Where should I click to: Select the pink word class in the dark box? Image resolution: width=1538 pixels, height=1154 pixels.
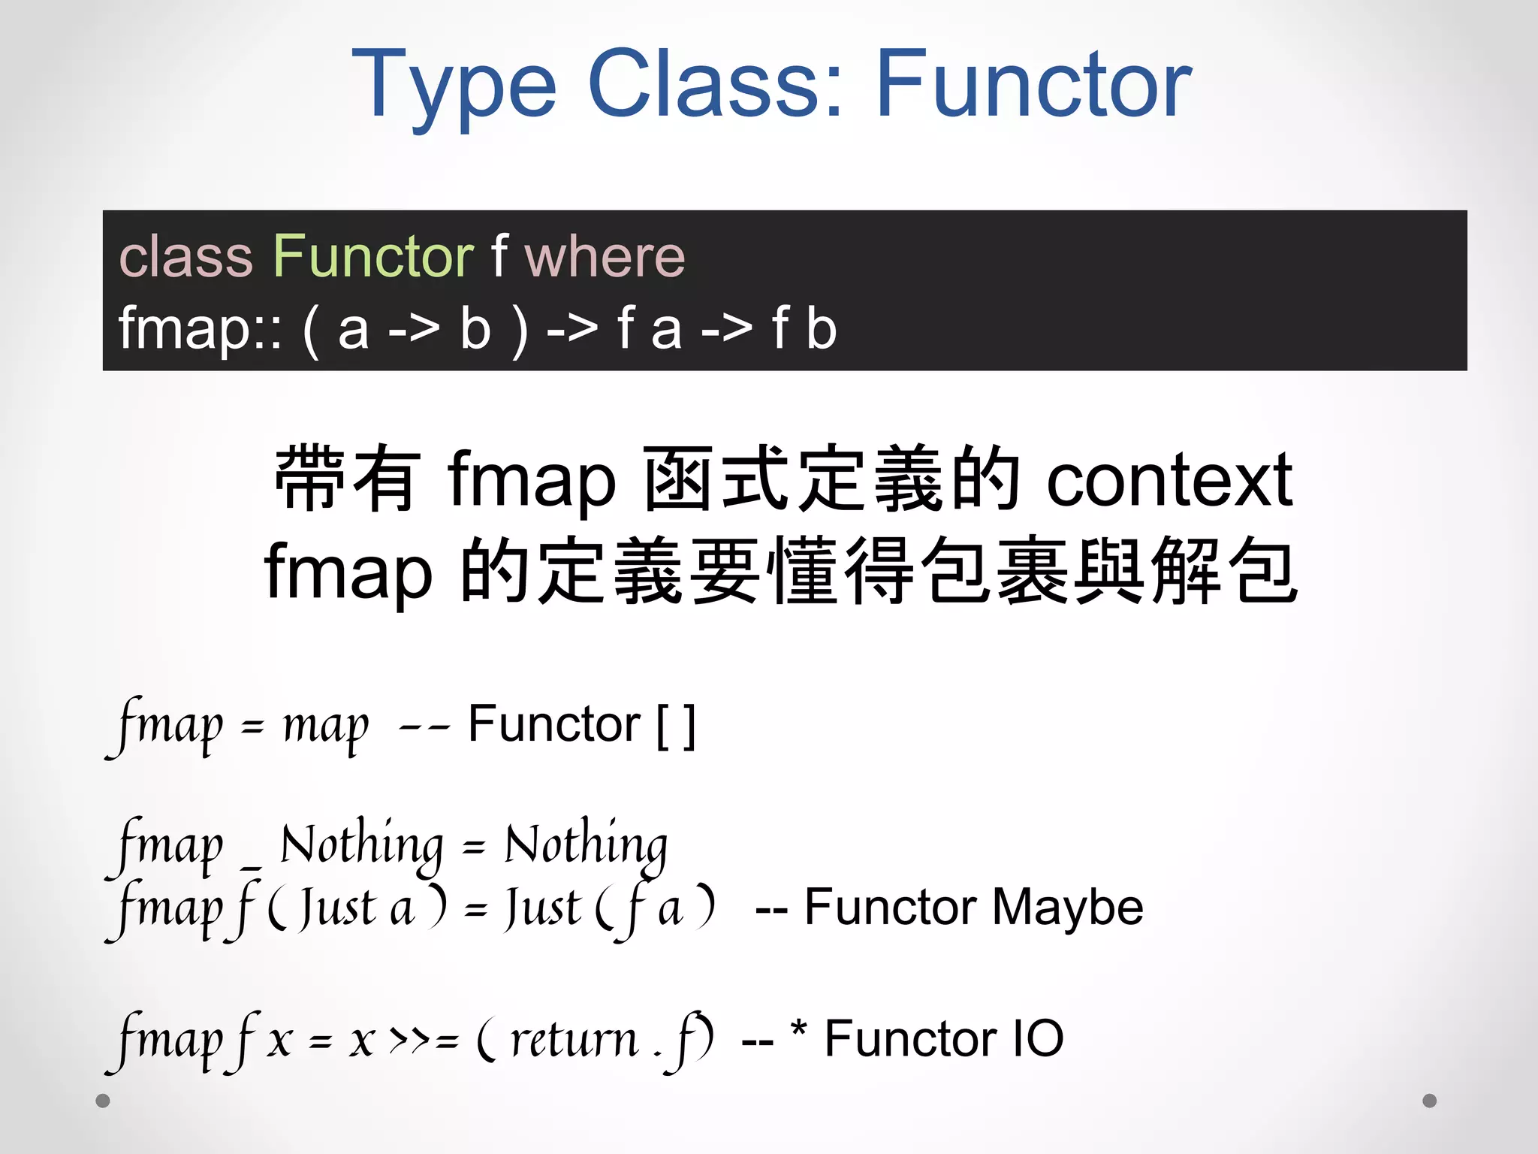[185, 257]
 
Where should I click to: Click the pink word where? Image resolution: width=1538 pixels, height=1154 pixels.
[604, 257]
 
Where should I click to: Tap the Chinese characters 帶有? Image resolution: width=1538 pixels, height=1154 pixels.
[346, 479]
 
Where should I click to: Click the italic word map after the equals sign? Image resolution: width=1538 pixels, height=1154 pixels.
[325, 727]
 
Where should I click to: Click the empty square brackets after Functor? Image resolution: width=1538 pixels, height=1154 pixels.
[676, 726]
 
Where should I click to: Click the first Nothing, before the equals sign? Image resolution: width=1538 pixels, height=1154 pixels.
[361, 844]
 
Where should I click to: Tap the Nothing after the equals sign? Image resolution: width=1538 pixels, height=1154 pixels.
[586, 844]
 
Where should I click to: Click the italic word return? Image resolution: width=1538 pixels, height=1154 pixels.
[574, 1041]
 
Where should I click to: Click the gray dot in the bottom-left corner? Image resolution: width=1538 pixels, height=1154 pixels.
[103, 1101]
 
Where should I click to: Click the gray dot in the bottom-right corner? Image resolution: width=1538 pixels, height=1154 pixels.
[1430, 1101]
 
